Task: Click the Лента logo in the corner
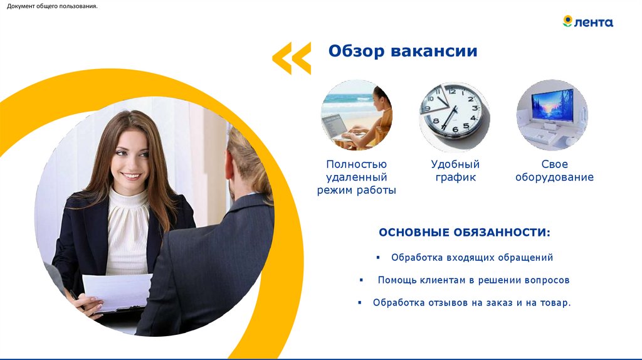tap(587, 22)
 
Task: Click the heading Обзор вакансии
tap(403, 51)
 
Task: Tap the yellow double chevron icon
tap(292, 58)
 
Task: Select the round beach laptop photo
tap(357, 115)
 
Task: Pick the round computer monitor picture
tap(552, 115)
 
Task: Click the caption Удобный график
tap(455, 171)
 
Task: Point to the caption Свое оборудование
tap(554, 171)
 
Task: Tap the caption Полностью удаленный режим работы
tap(356, 177)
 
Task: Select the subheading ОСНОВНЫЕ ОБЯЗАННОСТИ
tap(465, 233)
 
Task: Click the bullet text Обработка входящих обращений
tap(472, 258)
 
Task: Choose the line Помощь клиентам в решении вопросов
tap(473, 280)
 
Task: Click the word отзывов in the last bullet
tap(454, 303)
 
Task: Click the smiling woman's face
tap(130, 156)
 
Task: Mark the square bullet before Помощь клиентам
tap(360, 280)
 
